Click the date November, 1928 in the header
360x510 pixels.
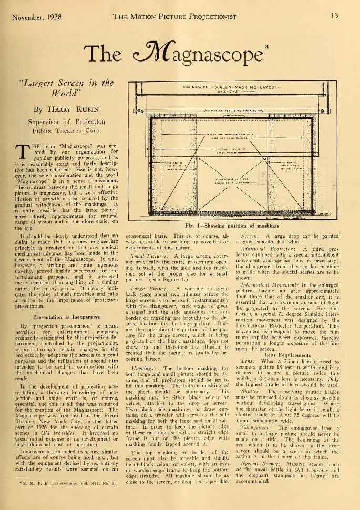click(x=36, y=16)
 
